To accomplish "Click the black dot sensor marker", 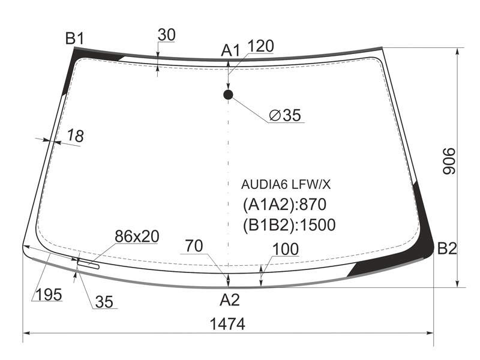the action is [x=228, y=95].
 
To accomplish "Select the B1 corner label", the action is [x=74, y=38].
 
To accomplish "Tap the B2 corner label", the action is [x=447, y=248].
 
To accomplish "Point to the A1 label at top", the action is [x=230, y=50].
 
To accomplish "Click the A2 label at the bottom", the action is [x=230, y=300].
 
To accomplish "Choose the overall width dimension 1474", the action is [x=227, y=324].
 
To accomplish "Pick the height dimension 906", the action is [x=449, y=161].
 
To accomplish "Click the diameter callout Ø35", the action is [x=286, y=115].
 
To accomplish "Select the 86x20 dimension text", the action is [x=137, y=236].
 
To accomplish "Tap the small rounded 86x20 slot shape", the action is [x=88, y=264].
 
